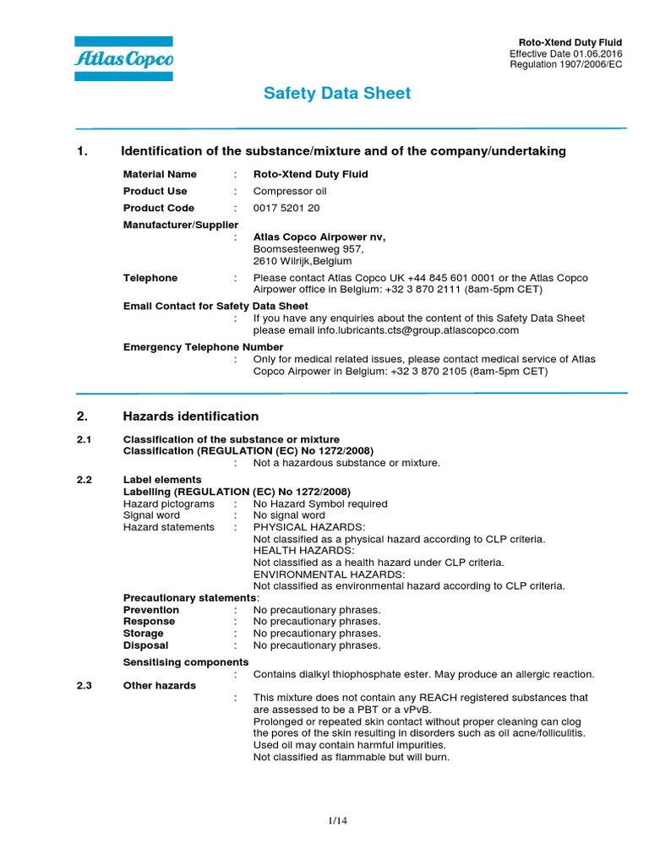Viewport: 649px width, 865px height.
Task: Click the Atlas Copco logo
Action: coord(123,59)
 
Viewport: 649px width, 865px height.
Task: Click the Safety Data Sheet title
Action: coord(337,94)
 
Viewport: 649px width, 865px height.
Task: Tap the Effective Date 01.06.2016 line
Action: coord(567,53)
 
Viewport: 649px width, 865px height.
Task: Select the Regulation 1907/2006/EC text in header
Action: coord(567,65)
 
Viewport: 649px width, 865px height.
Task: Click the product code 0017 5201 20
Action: coord(286,208)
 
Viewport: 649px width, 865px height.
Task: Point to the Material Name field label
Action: coord(160,174)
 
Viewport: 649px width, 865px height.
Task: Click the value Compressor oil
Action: coord(290,191)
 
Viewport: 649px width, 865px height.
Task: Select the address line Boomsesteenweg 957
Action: coord(308,249)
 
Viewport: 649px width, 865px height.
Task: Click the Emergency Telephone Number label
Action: coord(203,347)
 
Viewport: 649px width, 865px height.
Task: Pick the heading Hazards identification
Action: coord(191,416)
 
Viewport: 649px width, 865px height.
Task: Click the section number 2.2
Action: coord(84,480)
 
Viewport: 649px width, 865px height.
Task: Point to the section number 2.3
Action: coord(84,685)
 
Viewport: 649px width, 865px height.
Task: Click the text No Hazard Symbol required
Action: coord(320,503)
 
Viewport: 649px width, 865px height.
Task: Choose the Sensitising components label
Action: coord(186,662)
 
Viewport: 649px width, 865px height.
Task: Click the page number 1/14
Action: coord(337,821)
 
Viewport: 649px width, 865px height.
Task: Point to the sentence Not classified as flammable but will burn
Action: coord(352,757)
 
